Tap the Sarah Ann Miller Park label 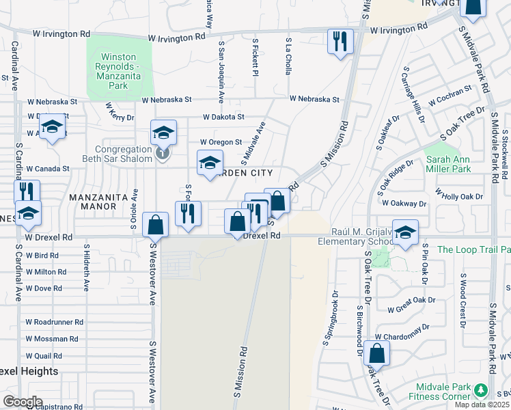448,164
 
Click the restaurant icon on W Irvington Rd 338,42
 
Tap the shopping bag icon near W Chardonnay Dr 376,353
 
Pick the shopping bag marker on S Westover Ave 156,224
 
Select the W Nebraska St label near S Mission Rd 314,99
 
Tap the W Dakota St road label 223,118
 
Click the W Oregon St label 221,142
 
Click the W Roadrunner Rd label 54,321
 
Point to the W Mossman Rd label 51,339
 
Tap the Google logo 23,402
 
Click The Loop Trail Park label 473,249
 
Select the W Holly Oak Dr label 459,195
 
